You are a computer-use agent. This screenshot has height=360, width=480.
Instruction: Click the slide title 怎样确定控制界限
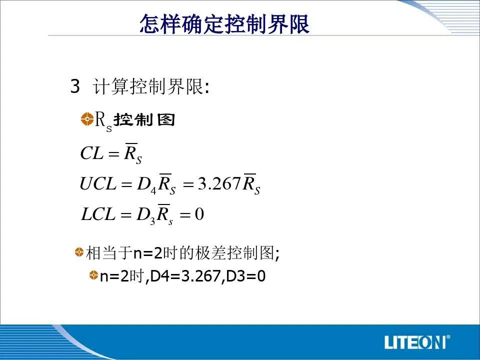(224, 23)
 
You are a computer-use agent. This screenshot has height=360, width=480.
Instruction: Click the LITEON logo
(415, 342)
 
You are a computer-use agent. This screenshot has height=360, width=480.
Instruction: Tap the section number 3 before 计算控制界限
(75, 86)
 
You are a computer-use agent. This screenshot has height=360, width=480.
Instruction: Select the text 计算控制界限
(148, 86)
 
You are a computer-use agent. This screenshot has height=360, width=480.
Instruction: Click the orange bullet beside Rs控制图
(87, 119)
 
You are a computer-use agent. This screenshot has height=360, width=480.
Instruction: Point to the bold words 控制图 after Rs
(144, 119)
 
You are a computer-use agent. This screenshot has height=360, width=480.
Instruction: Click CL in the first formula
(91, 153)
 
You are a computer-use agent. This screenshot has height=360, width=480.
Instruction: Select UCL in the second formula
(98, 183)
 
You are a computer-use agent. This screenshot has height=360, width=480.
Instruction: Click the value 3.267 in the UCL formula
(219, 183)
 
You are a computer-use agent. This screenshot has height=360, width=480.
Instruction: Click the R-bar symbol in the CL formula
(132, 153)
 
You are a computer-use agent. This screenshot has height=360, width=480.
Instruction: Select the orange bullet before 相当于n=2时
(79, 252)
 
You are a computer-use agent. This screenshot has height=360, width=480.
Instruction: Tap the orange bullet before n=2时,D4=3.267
(93, 275)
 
